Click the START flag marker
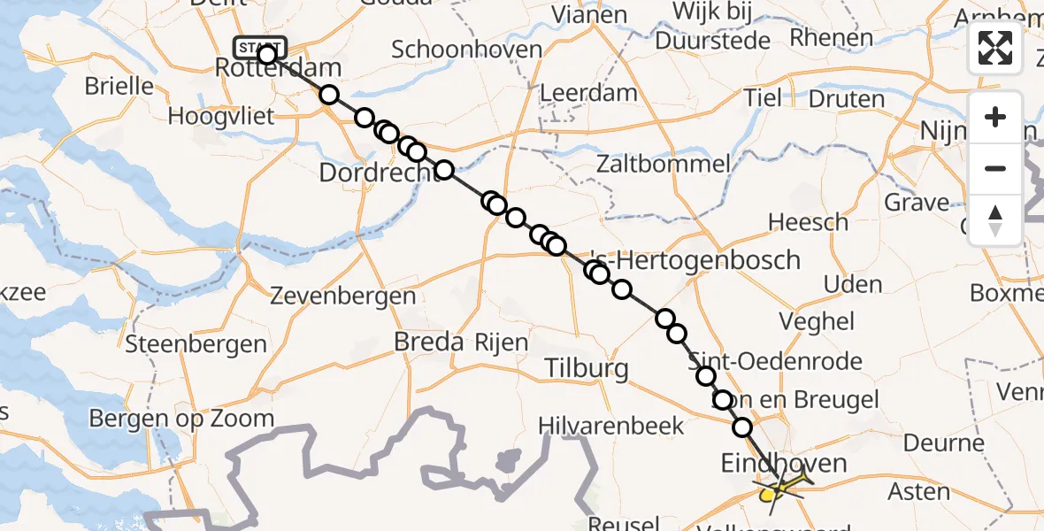pos(259,46)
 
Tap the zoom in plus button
pos(995,117)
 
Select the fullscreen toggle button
pos(995,47)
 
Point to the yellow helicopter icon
pos(780,486)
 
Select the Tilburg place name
pos(587,368)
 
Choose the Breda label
pos(429,342)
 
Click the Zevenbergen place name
pos(343,295)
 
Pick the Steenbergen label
pos(196,344)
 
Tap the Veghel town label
pos(817,321)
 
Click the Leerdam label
pos(587,93)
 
